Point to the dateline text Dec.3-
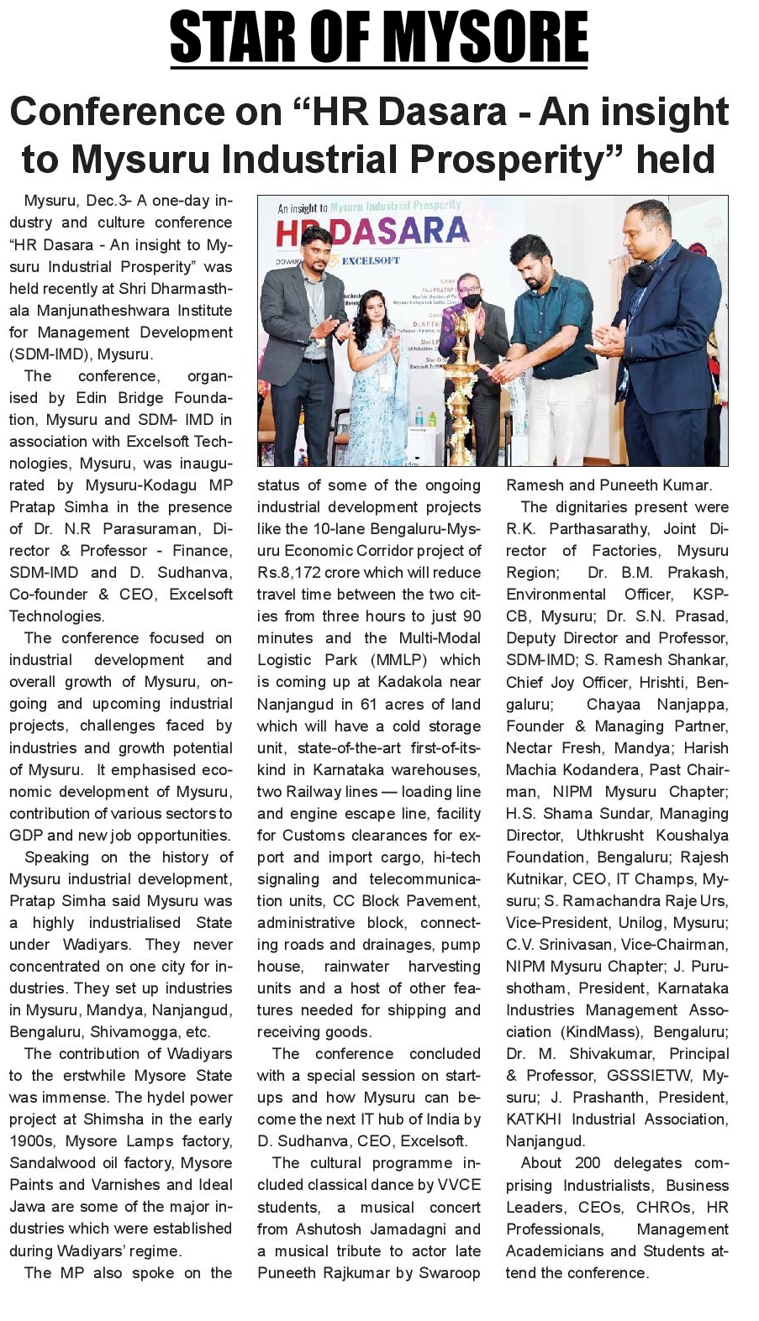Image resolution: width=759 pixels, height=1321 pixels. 108,201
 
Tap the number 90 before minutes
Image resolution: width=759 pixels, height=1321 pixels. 472,616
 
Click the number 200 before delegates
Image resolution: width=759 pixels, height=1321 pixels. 588,1163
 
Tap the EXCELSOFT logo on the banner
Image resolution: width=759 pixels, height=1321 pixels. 371,261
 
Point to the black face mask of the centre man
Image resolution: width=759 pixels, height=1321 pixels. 472,301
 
